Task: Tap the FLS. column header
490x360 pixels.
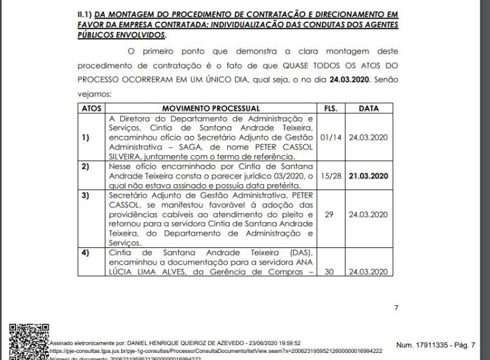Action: pos(330,108)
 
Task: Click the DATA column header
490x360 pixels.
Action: pos(368,108)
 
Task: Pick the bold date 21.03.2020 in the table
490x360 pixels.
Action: pos(369,175)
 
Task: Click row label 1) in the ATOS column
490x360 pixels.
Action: pos(85,137)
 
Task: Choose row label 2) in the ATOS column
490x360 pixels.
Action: pos(85,166)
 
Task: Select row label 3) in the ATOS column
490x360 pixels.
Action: pos(85,194)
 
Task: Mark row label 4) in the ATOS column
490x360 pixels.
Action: pos(85,253)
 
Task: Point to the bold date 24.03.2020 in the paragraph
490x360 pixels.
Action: pos(349,80)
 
